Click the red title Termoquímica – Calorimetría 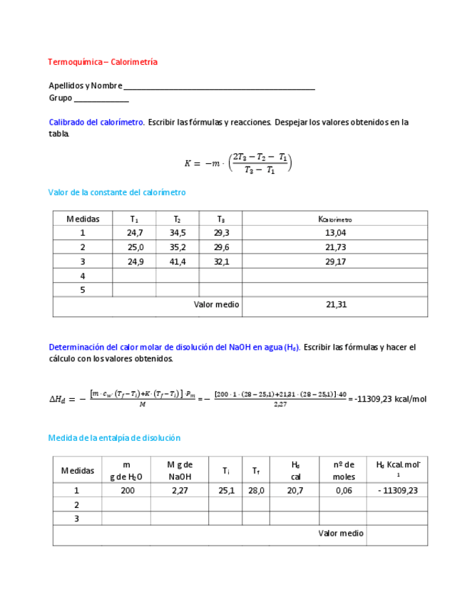tap(103, 62)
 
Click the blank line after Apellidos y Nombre tap(219, 87)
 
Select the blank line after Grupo tap(101, 99)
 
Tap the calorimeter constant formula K tap(238, 163)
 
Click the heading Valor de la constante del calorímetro tap(117, 192)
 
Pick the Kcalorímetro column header tap(335, 219)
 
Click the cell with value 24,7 tap(135, 233)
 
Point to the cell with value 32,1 tap(221, 261)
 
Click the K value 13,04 tap(335, 233)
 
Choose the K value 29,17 tap(335, 261)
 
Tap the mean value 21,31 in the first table tap(335, 305)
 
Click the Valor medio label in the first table tap(217, 305)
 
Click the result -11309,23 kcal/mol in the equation tap(390, 399)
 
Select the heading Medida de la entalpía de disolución tap(114, 438)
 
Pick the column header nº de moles tap(344, 470)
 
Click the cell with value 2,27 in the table tap(180, 490)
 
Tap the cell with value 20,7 tap(294, 490)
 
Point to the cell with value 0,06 tap(344, 490)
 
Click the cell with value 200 tap(127, 490)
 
